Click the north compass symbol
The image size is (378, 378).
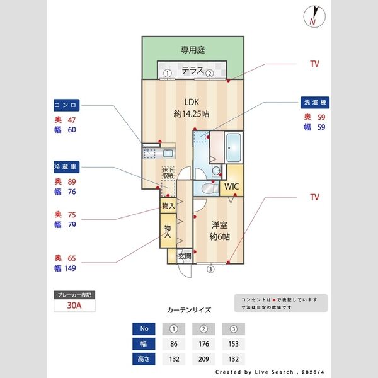pyautogui.click(x=313, y=16)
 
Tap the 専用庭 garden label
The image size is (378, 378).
pyautogui.click(x=193, y=49)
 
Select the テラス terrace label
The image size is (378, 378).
pyautogui.click(x=193, y=71)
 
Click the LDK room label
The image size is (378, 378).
pyautogui.click(x=192, y=106)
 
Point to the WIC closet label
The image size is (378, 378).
pyautogui.click(x=232, y=187)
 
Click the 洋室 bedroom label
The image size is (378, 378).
pyautogui.click(x=219, y=231)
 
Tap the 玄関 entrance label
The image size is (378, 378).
pyautogui.click(x=184, y=256)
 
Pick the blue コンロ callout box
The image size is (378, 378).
pyautogui.click(x=66, y=105)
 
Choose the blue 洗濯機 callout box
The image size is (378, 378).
pyautogui.click(x=316, y=102)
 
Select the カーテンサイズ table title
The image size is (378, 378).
pyautogui.click(x=189, y=311)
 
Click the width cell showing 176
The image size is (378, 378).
pyautogui.click(x=203, y=345)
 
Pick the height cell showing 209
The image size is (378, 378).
pyautogui.click(x=203, y=359)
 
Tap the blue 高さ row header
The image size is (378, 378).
pyautogui.click(x=144, y=359)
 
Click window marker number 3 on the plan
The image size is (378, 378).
pyautogui.click(x=210, y=269)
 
